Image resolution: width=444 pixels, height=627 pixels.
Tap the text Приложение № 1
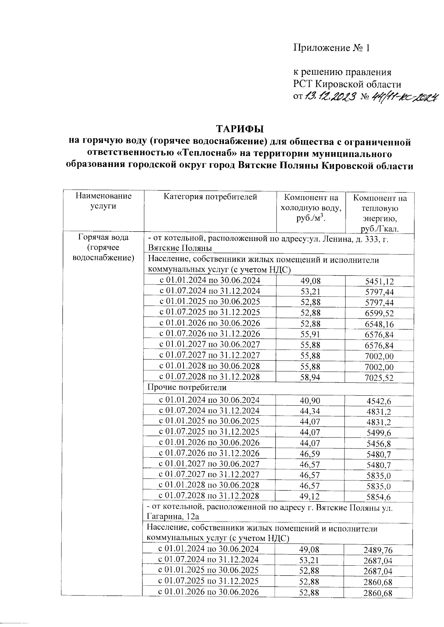pyautogui.click(x=332, y=48)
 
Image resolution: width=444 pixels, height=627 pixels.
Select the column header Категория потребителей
pyautogui.click(x=210, y=197)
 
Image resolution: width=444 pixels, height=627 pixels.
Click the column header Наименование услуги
pyautogui.click(x=103, y=201)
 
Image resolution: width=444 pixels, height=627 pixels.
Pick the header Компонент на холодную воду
pyautogui.click(x=310, y=208)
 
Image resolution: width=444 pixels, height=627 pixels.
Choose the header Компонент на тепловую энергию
pyautogui.click(x=380, y=213)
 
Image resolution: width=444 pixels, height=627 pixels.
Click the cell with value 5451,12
pyautogui.click(x=379, y=282)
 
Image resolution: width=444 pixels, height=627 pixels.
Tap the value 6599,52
pyautogui.click(x=379, y=314)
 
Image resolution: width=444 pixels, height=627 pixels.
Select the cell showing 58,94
pyautogui.click(x=310, y=377)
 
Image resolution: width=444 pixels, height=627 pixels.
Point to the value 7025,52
pyautogui.click(x=379, y=378)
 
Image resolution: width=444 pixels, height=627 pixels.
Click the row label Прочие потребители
pyautogui.click(x=187, y=388)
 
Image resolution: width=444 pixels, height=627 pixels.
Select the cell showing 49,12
pyautogui.click(x=310, y=496)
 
